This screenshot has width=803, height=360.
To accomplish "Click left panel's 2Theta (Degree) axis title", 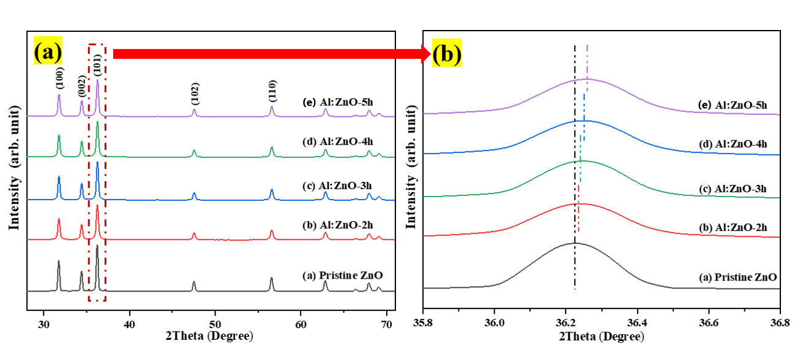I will [x=207, y=336].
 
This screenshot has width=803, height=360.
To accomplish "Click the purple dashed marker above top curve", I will [x=587, y=61].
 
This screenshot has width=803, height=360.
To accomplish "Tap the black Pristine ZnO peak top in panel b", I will [x=575, y=243].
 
